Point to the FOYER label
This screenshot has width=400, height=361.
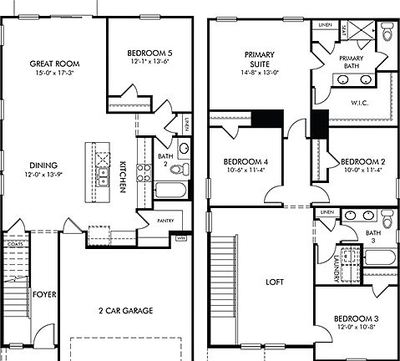43,294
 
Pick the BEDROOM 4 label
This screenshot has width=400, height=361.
246,161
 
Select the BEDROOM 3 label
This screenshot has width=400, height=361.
357,318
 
